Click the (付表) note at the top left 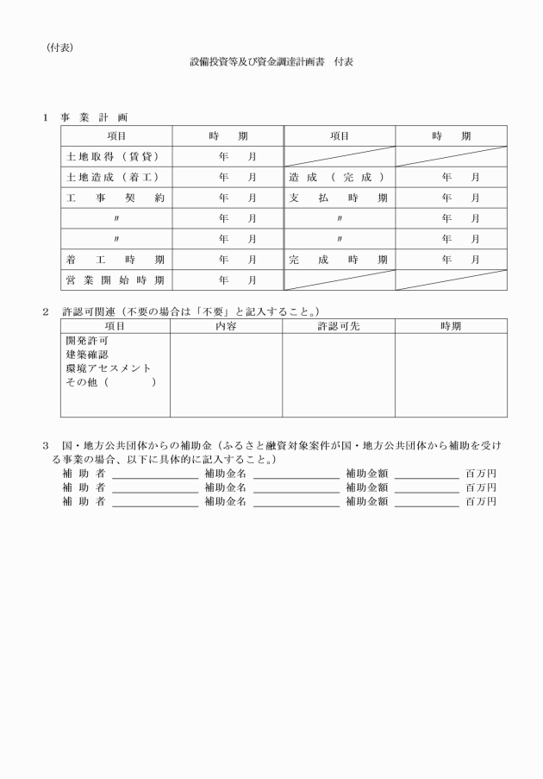coord(60,47)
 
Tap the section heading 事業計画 coord(94,116)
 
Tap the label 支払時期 coord(339,198)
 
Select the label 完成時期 coord(339,259)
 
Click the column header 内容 coord(227,326)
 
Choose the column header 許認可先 coord(339,326)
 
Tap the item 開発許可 coord(87,341)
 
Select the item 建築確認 coord(87,355)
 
